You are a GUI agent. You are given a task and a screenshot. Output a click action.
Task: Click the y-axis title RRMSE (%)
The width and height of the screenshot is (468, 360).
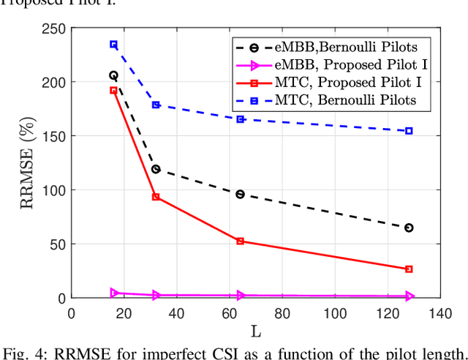[x=28, y=162]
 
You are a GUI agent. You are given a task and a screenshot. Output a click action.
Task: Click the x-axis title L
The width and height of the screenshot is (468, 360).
[x=257, y=331]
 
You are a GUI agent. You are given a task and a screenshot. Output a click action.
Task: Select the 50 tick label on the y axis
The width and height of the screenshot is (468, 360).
[x=58, y=244]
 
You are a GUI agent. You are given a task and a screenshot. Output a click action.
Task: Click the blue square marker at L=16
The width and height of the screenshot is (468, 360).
[x=113, y=45]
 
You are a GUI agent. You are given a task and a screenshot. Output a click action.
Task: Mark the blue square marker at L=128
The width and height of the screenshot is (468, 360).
[x=409, y=131]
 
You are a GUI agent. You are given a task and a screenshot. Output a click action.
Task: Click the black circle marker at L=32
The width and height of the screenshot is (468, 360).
[x=156, y=169]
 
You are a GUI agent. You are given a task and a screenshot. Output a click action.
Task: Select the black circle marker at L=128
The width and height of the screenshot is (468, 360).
[x=409, y=228]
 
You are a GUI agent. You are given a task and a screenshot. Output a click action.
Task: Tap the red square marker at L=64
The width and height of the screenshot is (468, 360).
[x=240, y=241]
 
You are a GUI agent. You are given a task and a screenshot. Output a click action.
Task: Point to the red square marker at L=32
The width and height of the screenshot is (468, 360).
[x=156, y=197]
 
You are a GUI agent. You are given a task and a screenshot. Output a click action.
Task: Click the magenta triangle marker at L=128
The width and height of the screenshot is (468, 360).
[x=409, y=296]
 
